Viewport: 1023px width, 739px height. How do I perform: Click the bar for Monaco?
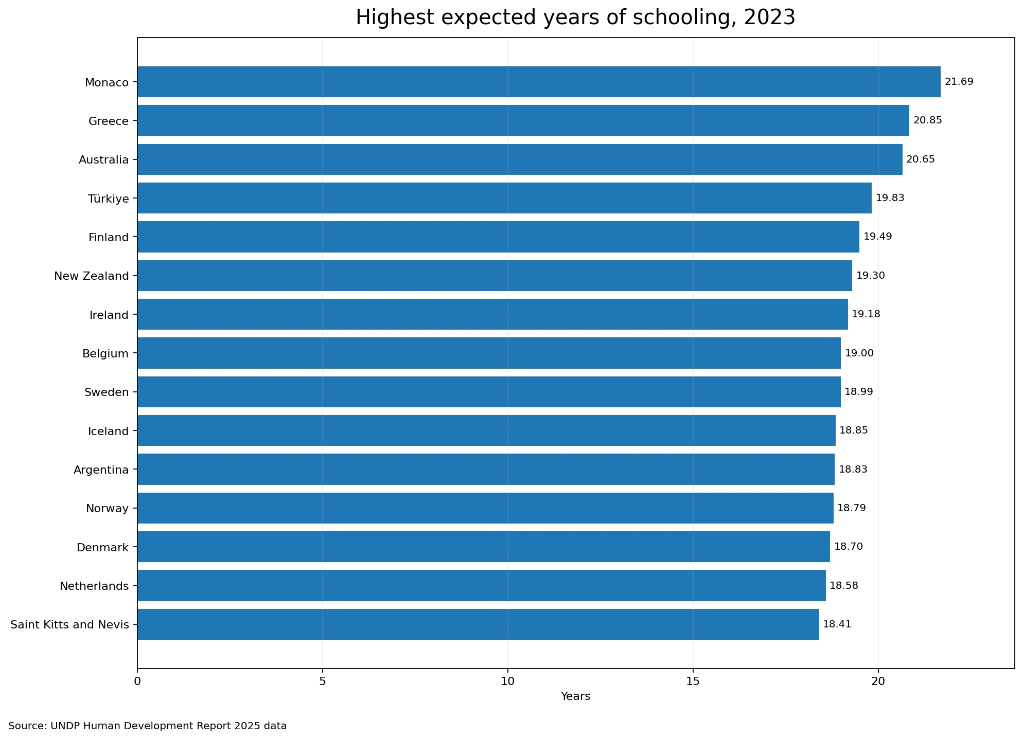539,82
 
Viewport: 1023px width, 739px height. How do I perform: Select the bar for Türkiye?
504,198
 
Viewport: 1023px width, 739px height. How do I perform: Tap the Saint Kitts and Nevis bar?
478,624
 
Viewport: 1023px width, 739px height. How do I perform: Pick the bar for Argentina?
486,469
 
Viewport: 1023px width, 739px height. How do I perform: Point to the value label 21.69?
959,82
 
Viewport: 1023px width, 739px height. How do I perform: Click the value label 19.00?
859,353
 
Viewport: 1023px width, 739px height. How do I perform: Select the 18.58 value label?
844,586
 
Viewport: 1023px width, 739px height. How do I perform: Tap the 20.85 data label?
928,120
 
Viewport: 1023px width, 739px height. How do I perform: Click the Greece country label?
109,121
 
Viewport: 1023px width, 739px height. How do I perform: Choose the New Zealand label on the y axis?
92,276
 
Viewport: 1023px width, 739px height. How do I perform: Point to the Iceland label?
109,431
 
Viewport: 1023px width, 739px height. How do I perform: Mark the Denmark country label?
103,547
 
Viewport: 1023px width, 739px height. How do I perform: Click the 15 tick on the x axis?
693,681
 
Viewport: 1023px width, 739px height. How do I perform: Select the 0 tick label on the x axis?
137,681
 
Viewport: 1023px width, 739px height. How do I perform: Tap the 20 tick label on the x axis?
878,681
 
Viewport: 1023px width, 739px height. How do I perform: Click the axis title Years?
576,697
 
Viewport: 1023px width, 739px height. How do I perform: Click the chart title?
576,17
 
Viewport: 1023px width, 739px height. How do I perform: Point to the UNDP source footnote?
148,726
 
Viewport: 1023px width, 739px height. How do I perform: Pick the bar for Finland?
498,237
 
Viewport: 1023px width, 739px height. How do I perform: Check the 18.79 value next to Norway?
852,508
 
